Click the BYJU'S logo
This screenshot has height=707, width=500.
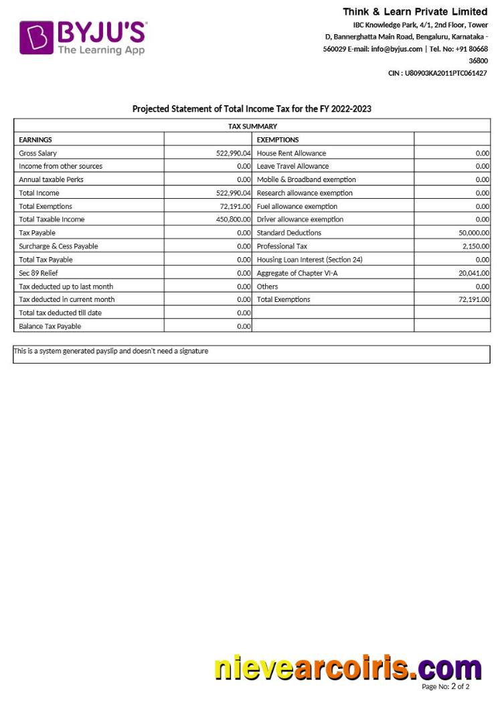tap(83, 37)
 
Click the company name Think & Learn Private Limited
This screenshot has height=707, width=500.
tap(415, 11)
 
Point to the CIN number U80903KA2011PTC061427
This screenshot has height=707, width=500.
tap(438, 73)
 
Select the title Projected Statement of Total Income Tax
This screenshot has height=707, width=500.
tap(252, 108)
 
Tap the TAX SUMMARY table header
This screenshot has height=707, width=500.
tap(252, 126)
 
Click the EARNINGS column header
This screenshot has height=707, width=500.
tap(35, 139)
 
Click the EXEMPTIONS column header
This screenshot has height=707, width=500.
tap(278, 139)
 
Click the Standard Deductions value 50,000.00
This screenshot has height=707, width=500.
tap(473, 233)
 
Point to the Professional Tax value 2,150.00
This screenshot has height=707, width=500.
tap(475, 246)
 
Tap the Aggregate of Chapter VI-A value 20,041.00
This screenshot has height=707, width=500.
tap(474, 273)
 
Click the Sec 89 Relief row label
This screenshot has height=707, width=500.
tap(39, 273)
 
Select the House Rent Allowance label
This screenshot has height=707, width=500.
tap(291, 153)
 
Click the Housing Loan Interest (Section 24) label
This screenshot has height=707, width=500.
tap(309, 260)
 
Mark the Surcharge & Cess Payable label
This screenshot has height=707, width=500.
tap(58, 246)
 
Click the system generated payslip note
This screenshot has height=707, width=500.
tap(111, 351)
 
